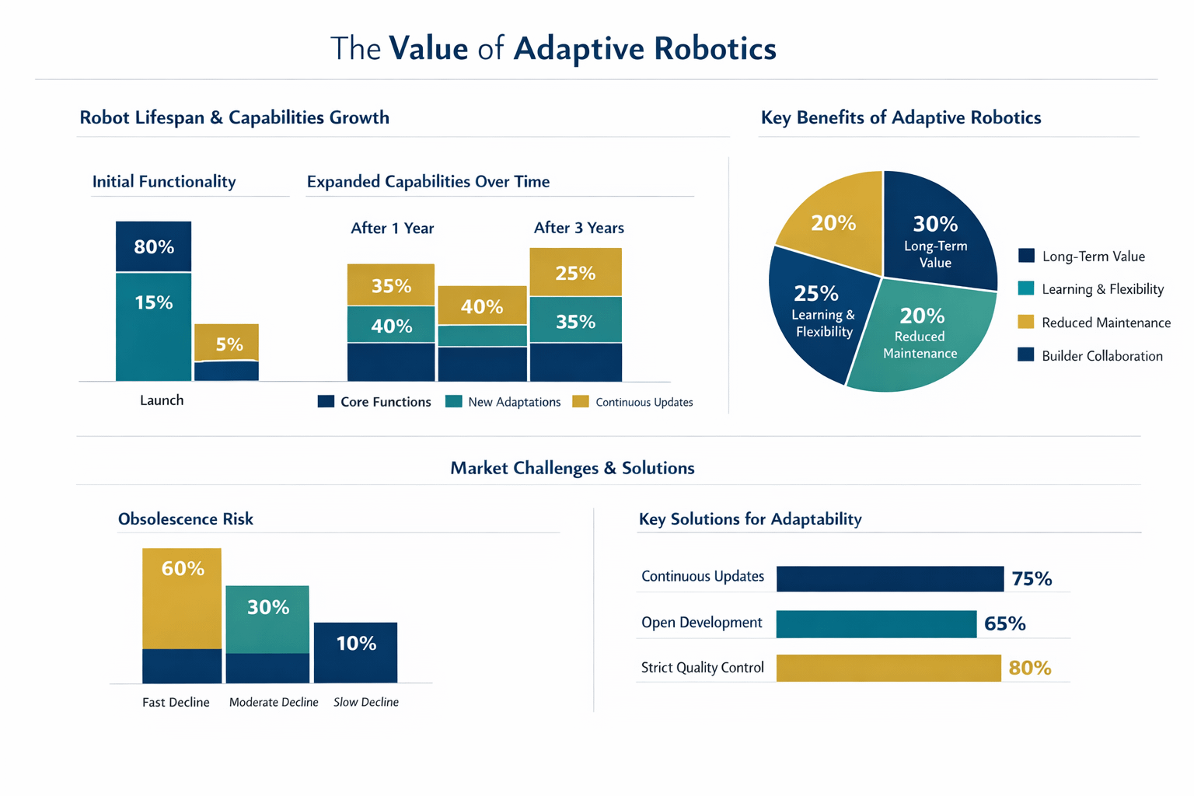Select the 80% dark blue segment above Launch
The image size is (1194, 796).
click(153, 247)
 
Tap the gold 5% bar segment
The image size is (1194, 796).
click(227, 343)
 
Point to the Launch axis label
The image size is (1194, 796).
click(162, 400)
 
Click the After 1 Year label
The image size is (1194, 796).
click(392, 229)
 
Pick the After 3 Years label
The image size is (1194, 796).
click(578, 229)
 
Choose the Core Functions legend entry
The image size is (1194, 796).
click(375, 402)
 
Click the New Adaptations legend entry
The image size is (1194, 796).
click(503, 402)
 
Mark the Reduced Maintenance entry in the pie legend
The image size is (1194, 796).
click(1094, 323)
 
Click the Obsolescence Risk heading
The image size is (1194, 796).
click(185, 519)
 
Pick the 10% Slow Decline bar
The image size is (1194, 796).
click(355, 652)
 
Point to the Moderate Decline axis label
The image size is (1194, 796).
click(274, 703)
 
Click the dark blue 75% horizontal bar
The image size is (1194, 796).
click(889, 579)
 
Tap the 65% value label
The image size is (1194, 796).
click(1004, 624)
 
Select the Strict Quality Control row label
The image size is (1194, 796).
click(702, 668)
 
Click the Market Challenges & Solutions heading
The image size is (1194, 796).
click(572, 468)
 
